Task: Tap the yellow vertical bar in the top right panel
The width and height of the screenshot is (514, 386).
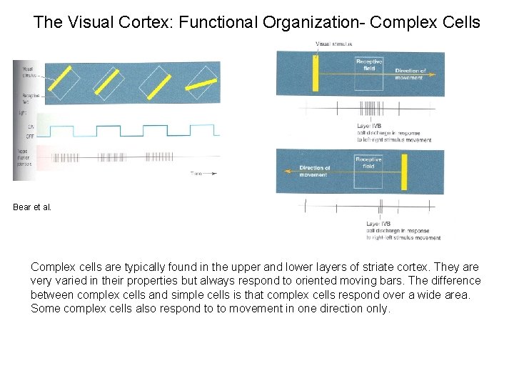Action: [x=314, y=72]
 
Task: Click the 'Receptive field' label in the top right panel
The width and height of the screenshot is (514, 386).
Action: [x=369, y=65]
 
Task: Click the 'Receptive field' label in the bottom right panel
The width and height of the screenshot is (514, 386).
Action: [x=368, y=163]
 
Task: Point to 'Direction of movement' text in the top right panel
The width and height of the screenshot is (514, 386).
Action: [x=410, y=74]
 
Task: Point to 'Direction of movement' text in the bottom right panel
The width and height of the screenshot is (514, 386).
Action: [x=314, y=172]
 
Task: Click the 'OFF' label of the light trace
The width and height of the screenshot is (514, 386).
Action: [x=31, y=137]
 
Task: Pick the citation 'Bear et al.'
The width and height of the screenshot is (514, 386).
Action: [x=32, y=207]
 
